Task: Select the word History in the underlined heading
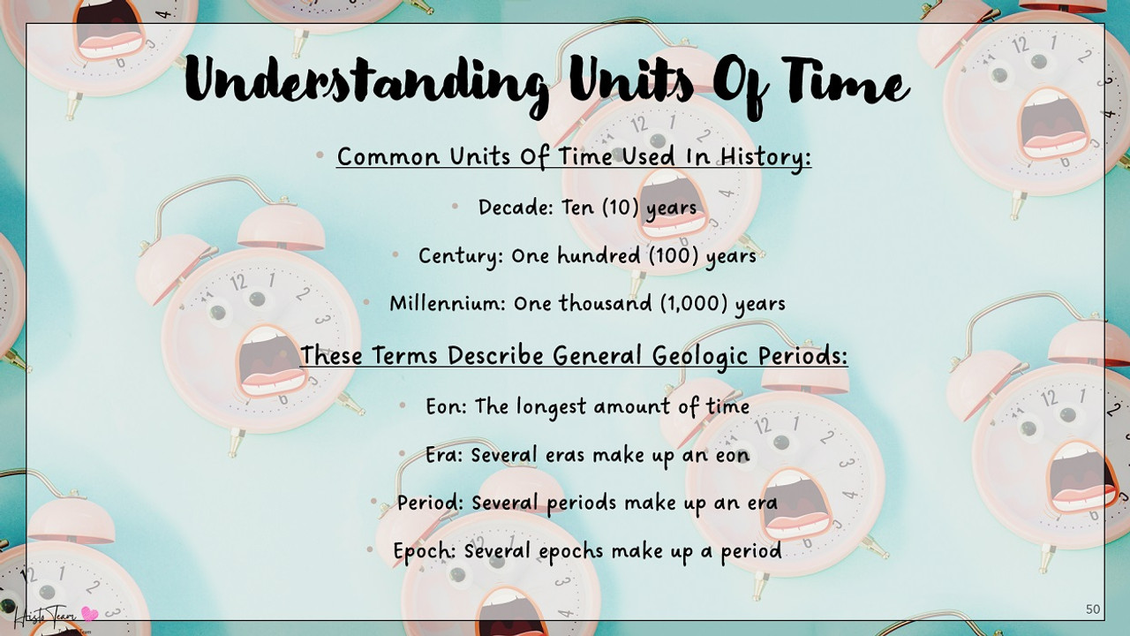764,157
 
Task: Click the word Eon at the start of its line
445,406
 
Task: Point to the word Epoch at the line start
424,551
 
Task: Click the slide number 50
1093,609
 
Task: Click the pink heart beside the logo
89,614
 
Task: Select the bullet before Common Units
320,156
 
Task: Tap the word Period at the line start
430,503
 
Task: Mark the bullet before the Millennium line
366,302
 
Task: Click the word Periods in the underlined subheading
802,355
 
